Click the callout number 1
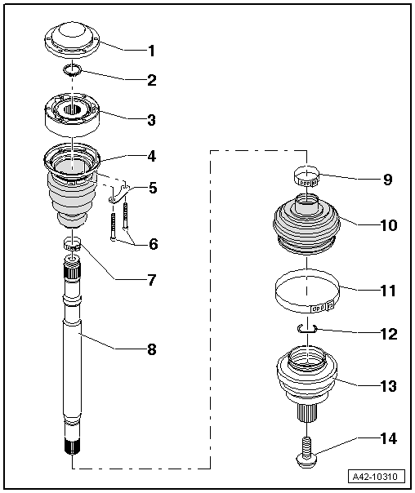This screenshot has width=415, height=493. [150, 51]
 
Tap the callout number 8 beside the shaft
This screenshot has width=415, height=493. [150, 350]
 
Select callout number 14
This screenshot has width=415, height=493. [387, 438]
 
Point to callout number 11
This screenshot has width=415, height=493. [387, 290]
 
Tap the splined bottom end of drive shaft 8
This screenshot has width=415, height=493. [72, 446]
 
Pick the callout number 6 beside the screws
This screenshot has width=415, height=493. [150, 244]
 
